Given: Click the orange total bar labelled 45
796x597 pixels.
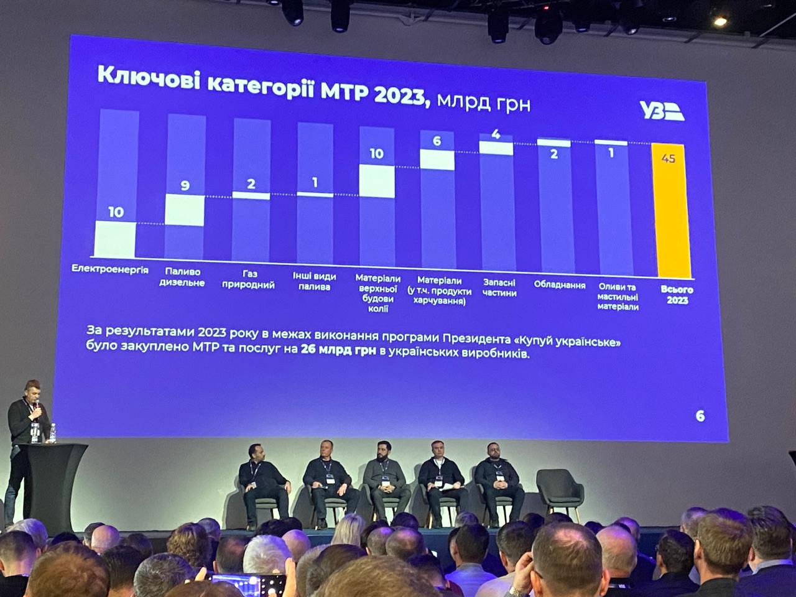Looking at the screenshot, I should point(673,211).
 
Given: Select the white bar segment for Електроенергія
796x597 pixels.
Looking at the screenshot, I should point(114,239).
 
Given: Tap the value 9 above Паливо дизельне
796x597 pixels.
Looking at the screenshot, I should point(185,185).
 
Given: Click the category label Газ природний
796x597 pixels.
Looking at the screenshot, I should point(251,280).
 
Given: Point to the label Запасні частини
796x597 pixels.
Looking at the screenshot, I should point(499,287).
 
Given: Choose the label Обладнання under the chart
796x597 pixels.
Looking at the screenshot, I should point(560,285).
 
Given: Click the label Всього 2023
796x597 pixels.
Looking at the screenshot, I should point(677,295).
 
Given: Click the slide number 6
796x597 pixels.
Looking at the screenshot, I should point(700,416).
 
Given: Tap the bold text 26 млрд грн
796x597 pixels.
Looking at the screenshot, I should point(338,351).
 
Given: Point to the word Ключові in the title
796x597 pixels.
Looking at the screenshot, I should point(148,79).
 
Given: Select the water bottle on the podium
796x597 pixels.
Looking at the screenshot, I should point(52,433).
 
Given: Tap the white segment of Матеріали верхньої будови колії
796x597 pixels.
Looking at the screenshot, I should point(377,182).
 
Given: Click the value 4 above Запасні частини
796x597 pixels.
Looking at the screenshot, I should point(496,134).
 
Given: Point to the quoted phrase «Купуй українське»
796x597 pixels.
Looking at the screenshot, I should point(567,342).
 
